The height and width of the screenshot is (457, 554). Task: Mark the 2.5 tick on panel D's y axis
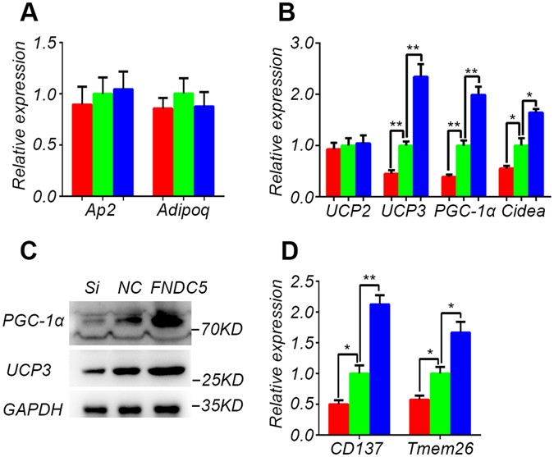tap(316, 281)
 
